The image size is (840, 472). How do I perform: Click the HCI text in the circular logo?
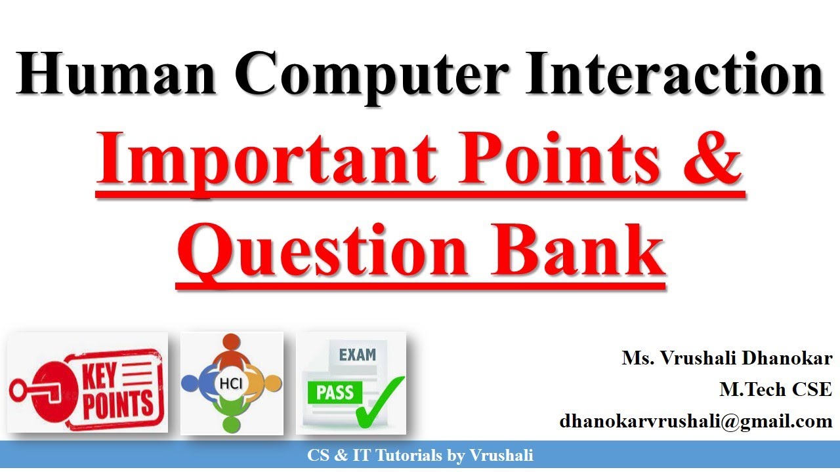232,383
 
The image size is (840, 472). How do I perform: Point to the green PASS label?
335,393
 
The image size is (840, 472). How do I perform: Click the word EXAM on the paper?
358,355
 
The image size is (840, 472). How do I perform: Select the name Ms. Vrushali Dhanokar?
727,359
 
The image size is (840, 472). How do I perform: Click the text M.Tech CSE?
776,389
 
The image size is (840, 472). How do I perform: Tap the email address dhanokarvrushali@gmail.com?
696,421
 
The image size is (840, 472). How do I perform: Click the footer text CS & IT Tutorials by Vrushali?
420,455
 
